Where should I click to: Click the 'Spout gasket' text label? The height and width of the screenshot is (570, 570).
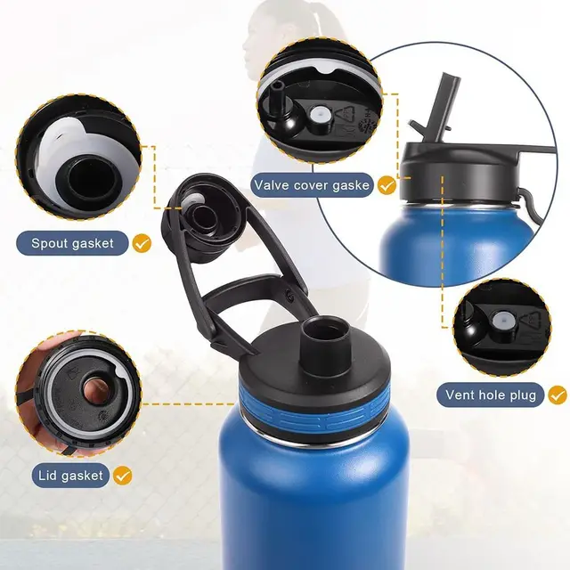[73, 243]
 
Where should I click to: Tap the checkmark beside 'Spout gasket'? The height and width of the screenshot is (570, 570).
[142, 243]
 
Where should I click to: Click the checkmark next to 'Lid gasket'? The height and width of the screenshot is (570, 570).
[122, 476]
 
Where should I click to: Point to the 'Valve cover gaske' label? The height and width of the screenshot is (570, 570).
[311, 185]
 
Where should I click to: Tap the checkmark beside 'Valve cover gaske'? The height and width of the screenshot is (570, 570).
[387, 185]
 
